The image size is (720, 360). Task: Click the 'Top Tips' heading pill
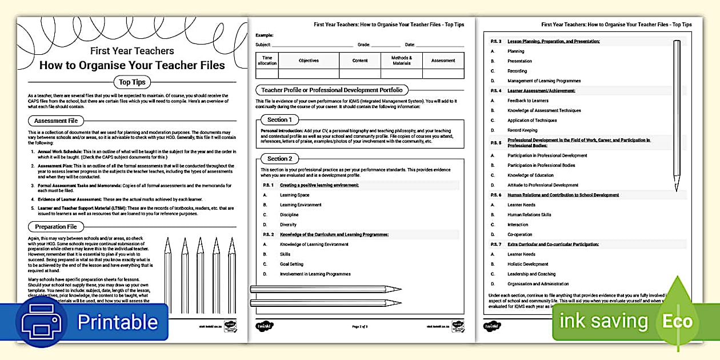tap(132, 82)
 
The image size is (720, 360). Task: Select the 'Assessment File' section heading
tap(56, 121)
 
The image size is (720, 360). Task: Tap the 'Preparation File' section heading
tap(55, 227)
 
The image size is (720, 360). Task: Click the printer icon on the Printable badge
tap(44, 322)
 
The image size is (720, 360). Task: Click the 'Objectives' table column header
tap(309, 61)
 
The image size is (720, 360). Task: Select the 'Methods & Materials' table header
tap(401, 61)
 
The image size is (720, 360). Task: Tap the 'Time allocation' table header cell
tap(267, 61)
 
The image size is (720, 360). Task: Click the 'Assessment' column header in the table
tap(443, 61)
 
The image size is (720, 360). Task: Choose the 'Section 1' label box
tap(279, 120)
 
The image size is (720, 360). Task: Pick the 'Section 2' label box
tap(279, 158)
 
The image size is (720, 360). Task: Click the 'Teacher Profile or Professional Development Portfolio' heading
tap(331, 90)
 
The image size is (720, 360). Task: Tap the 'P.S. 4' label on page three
tap(496, 91)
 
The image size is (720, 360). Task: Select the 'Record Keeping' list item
tap(522, 130)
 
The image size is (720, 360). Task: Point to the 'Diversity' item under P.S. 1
tap(289, 225)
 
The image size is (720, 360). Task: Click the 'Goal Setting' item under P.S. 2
tap(292, 264)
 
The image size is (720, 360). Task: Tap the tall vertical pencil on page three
tap(677, 114)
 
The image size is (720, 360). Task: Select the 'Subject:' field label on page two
tap(263, 45)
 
